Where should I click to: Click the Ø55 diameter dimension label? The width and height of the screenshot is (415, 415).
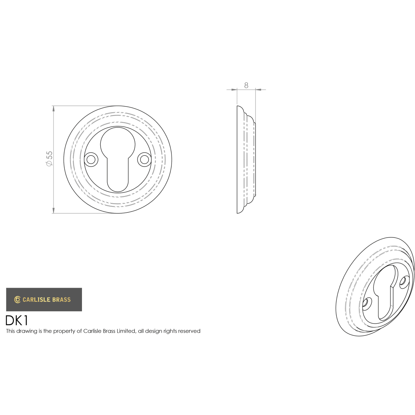49,158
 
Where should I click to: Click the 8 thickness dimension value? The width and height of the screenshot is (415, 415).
246,85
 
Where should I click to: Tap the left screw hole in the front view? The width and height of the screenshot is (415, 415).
91,159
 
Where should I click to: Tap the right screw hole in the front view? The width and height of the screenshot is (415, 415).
144,159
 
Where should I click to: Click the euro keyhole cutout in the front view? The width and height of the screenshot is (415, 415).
118,159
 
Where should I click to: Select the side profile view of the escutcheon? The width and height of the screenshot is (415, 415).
246,159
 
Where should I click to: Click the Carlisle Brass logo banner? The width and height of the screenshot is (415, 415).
44,299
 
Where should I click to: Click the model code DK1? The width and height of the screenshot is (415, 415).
17,321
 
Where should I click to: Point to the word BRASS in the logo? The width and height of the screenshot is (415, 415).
61,299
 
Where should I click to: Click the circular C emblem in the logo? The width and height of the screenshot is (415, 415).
17,299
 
